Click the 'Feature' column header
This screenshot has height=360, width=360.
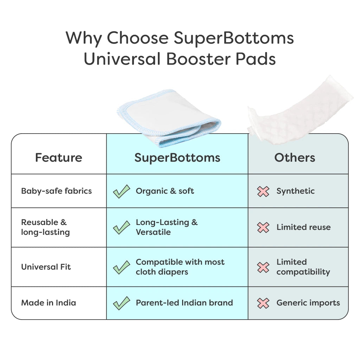(x=59, y=158)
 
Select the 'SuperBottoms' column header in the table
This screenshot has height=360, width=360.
(x=177, y=158)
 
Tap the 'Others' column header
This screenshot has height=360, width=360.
(x=295, y=158)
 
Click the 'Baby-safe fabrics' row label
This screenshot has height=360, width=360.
(x=57, y=191)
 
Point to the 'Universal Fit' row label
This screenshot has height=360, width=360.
(x=46, y=267)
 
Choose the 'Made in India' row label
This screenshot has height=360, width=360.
(x=49, y=303)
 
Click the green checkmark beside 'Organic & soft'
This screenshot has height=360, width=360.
(x=121, y=191)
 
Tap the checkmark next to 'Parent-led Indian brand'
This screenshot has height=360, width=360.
(x=121, y=303)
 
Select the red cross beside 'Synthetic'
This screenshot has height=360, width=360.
(x=263, y=192)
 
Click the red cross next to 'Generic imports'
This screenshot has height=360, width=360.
(x=263, y=303)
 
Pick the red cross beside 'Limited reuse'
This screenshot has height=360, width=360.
(x=263, y=227)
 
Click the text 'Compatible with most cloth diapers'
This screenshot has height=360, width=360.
(x=180, y=267)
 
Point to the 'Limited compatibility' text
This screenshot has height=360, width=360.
(x=303, y=267)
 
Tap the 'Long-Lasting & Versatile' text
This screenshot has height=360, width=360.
(x=167, y=227)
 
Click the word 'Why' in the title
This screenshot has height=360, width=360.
(x=83, y=38)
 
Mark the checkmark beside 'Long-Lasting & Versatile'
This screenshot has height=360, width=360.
(x=121, y=227)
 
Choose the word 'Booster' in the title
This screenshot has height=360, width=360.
(x=198, y=59)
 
